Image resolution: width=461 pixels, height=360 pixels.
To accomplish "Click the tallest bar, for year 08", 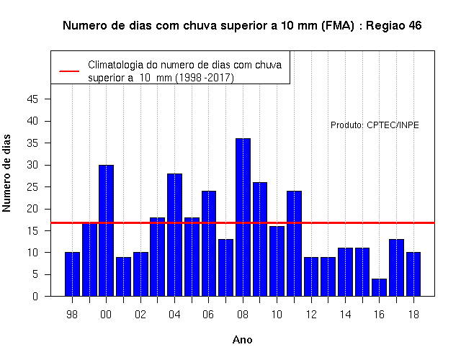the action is [x=243, y=217].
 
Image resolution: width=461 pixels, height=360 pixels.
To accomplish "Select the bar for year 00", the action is [x=106, y=230].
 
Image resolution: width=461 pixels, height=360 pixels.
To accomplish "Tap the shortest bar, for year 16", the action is [x=380, y=287].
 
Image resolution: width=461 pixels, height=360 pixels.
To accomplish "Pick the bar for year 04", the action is [x=174, y=235].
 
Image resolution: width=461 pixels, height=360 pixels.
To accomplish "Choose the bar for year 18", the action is [x=413, y=274].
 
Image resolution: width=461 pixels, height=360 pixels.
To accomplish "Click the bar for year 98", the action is [x=72, y=274].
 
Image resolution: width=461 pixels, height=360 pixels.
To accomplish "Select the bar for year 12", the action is [x=311, y=276].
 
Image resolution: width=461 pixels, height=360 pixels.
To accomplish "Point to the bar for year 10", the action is [x=277, y=261].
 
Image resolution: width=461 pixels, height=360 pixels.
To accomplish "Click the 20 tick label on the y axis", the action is [x=32, y=209].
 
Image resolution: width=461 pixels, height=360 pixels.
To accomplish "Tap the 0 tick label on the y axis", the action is [x=35, y=296].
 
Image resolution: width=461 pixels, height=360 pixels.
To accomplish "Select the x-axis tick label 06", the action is [x=208, y=315].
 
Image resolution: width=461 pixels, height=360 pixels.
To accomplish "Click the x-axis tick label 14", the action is [x=345, y=315].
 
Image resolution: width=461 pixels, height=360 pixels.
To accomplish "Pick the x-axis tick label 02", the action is [x=140, y=315].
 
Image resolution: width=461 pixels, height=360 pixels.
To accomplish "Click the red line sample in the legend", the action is [x=69, y=71].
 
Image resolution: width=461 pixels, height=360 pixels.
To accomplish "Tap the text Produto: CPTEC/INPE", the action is [x=375, y=125].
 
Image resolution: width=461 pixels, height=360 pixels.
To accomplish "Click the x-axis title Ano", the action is [x=243, y=340].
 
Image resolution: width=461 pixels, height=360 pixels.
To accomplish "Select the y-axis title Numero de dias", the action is [x=6, y=173].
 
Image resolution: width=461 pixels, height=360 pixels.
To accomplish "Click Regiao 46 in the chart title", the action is [x=394, y=26].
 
